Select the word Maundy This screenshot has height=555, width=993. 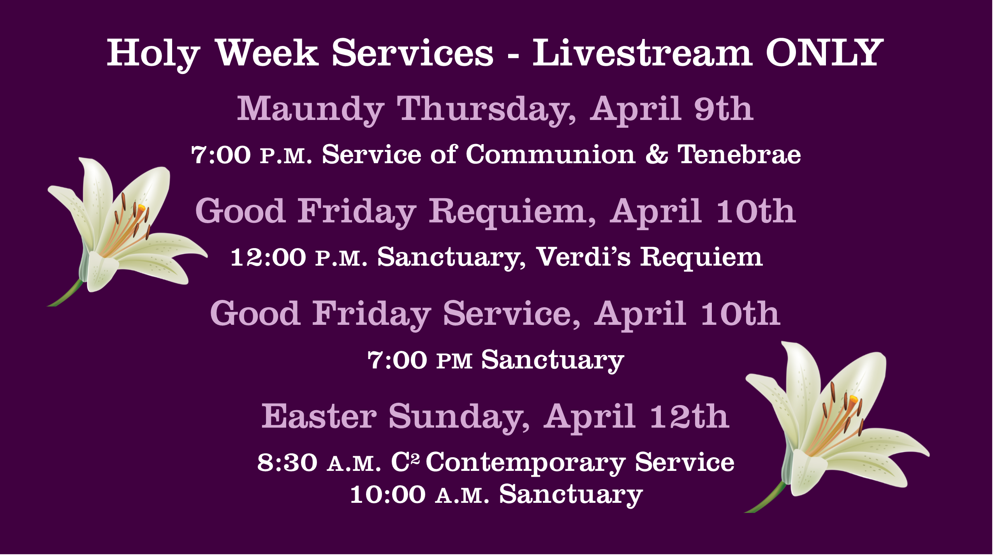(311, 110)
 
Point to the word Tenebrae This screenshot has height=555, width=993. (739, 154)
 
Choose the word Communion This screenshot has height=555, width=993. (551, 154)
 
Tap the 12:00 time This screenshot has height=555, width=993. (268, 257)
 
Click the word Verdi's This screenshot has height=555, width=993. (583, 257)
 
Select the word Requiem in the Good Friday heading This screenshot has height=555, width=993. (512, 212)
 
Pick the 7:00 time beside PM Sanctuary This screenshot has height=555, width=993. (397, 360)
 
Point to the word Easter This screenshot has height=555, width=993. (319, 416)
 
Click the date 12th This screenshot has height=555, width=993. (690, 416)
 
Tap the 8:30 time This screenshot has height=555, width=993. (287, 463)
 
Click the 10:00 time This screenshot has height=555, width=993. (388, 495)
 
